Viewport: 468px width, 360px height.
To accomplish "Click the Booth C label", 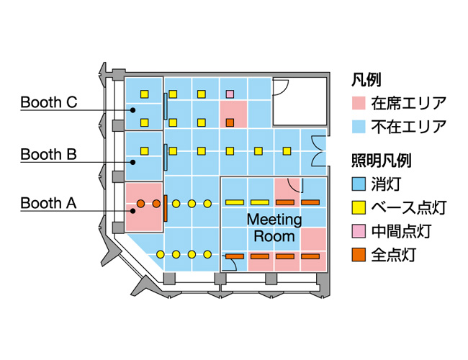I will tap(49, 102).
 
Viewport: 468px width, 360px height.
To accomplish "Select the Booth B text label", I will tap(48, 154).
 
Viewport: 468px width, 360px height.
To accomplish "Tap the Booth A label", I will tap(48, 203).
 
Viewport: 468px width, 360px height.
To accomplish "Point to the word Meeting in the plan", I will tap(274, 219).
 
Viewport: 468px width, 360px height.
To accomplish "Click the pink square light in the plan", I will tap(230, 94).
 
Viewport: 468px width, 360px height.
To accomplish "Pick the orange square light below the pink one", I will tap(230, 123).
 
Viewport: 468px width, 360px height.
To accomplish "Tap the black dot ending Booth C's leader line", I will tap(132, 109).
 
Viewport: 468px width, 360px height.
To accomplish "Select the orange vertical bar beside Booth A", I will tap(166, 208).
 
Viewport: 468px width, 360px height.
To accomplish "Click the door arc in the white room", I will tap(282, 86).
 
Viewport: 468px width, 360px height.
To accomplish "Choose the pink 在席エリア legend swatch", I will tap(360, 103).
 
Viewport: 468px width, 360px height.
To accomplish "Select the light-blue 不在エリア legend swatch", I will tap(360, 128).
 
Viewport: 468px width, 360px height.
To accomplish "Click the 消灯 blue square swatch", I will tap(360, 184).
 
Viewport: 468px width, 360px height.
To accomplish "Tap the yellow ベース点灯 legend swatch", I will tap(360, 208).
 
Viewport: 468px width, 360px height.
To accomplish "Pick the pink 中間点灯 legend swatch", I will tap(360, 231).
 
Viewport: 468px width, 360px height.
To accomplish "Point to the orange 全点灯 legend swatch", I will tap(360, 255).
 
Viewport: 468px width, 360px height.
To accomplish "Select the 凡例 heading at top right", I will tap(366, 79).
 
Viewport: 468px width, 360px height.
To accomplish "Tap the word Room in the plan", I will tap(274, 235).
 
